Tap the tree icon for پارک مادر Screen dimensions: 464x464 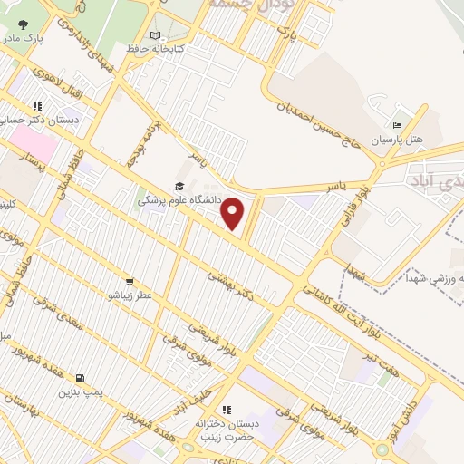23,25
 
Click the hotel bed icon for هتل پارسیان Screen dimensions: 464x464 397,125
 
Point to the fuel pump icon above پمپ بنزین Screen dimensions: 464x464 82,378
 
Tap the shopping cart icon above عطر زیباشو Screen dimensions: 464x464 130,282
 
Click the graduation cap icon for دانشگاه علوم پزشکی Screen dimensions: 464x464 179,187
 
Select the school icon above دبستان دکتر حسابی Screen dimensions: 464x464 37,105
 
